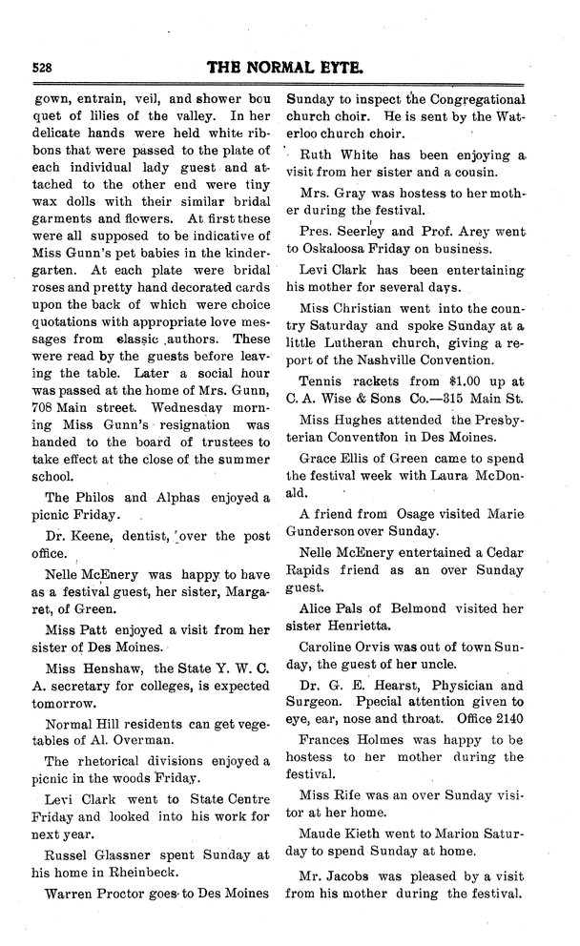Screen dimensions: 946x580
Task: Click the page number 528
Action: pyautogui.click(x=41, y=68)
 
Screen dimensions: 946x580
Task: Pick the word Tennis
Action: pyautogui.click(x=323, y=381)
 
